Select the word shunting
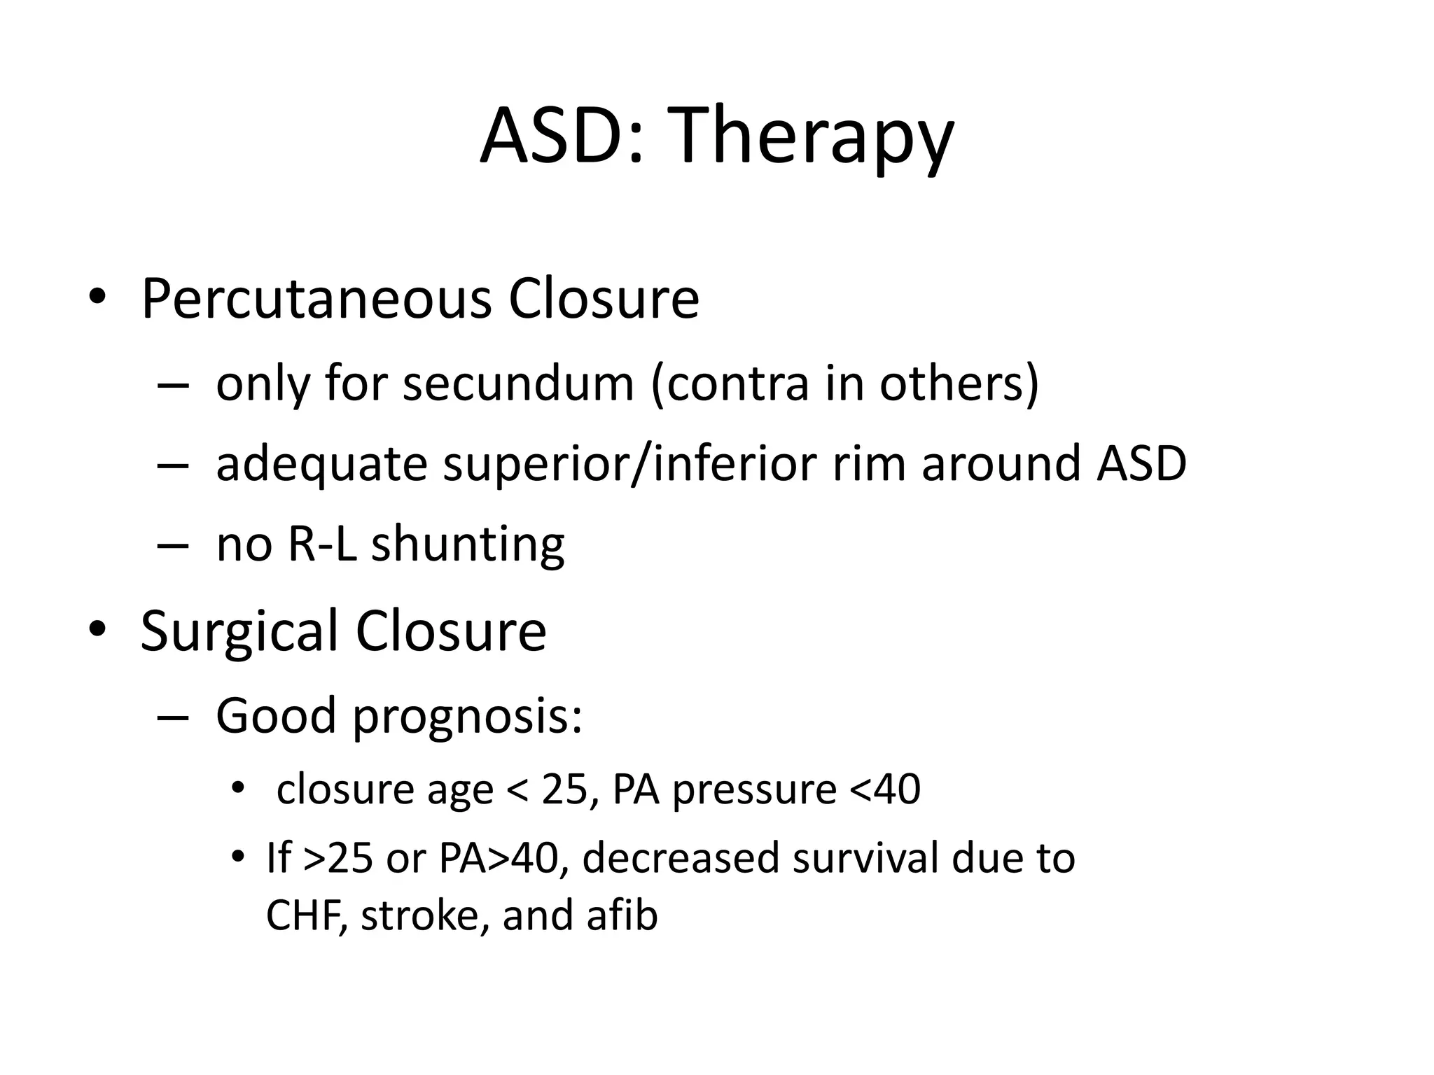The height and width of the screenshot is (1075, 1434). (x=468, y=545)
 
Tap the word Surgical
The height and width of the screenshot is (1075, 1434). (x=239, y=631)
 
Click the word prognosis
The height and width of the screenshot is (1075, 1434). (x=462, y=717)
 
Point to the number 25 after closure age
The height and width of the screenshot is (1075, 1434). (x=564, y=789)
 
